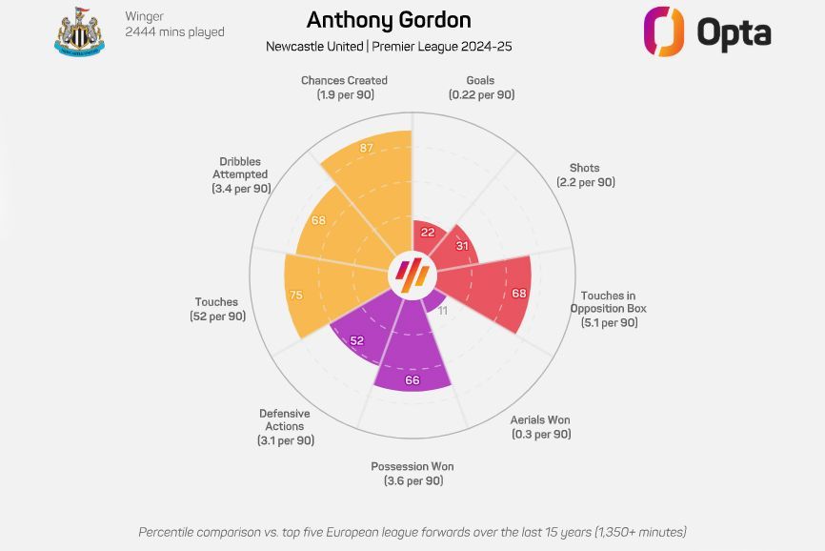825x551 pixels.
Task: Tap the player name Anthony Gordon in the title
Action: tap(388, 20)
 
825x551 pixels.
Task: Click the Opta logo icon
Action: tap(664, 31)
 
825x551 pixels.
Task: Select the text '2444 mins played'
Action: tap(174, 32)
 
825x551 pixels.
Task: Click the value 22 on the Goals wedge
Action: tap(428, 233)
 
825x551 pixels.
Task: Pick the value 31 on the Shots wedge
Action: tap(462, 247)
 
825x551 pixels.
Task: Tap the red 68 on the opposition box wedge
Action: tap(518, 293)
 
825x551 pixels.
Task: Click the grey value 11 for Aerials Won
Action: tap(442, 311)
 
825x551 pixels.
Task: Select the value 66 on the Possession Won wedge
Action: tap(412, 380)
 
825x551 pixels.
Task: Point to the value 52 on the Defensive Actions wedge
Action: tap(356, 339)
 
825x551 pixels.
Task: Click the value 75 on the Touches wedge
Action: tap(295, 296)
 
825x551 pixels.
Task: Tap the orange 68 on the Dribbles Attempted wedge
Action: tap(318, 221)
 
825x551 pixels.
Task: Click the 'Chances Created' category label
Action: tap(344, 81)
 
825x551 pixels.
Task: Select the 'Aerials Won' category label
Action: tap(540, 419)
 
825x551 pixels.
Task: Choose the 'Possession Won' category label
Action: tap(412, 466)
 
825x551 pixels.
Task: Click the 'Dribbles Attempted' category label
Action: tap(239, 168)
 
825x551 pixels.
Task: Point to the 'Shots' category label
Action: tap(585, 168)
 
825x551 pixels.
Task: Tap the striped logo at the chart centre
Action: tap(412, 276)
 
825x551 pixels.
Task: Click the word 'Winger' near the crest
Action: tap(144, 15)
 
